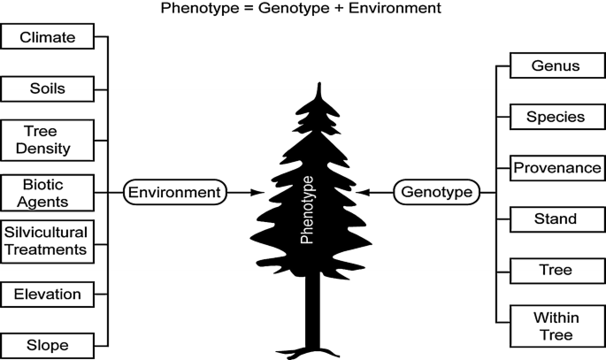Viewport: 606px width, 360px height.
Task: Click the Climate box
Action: (48, 38)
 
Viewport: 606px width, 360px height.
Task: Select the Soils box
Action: (48, 88)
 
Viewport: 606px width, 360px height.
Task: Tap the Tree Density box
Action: (48, 140)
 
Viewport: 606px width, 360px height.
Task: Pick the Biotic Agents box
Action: (48, 191)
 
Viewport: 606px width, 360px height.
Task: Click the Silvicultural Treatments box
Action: (48, 241)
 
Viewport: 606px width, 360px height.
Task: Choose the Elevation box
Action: (48, 293)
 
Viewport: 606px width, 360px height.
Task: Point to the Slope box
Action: (48, 344)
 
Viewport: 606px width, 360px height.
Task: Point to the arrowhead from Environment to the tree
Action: (257, 191)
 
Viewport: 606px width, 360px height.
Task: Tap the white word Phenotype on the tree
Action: (308, 212)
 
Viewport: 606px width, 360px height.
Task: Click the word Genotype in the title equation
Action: (282, 9)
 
